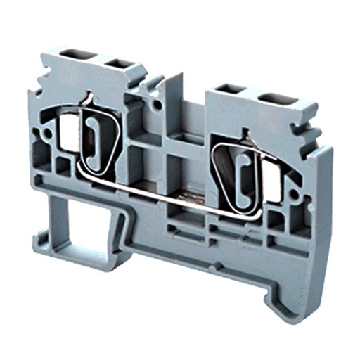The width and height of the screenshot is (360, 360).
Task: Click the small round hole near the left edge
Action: tap(49, 131)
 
